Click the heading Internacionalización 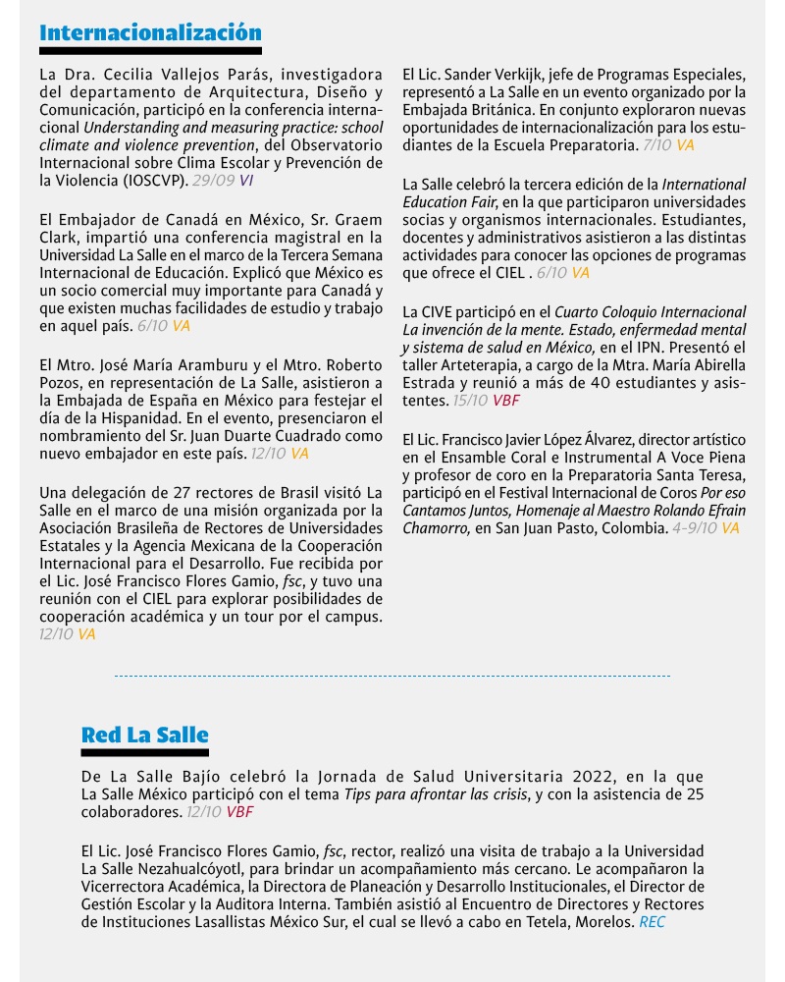pos(150,32)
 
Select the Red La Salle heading pos(145,735)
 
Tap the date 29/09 pos(213,181)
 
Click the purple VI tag pos(246,181)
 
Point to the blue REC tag pos(652,922)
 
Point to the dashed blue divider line pos(392,676)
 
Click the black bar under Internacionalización pos(150,50)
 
